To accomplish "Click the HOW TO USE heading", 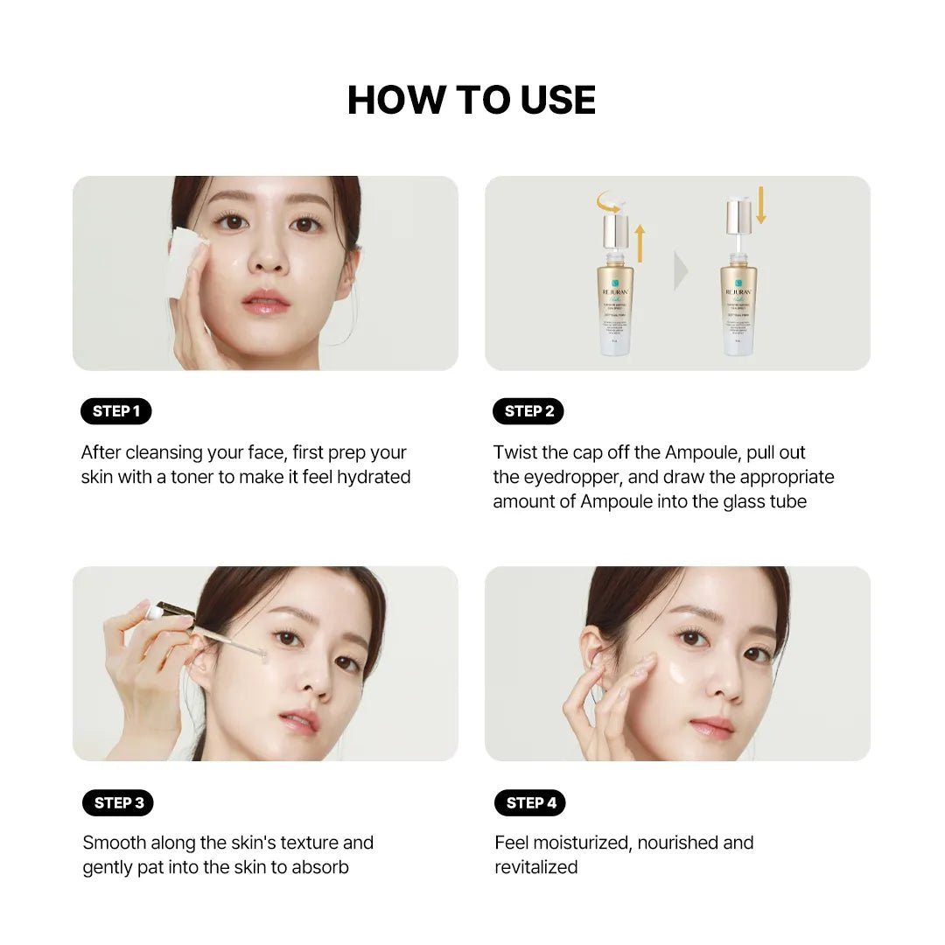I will click(x=472, y=100).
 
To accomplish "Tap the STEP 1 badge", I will click(x=116, y=411).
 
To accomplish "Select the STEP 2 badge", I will click(x=528, y=411).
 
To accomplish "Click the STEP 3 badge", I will click(x=117, y=802).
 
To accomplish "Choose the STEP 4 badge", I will click(x=530, y=802).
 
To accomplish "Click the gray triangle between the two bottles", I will click(x=681, y=272).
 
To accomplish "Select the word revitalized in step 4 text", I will click(x=536, y=867).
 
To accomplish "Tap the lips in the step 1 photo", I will click(x=265, y=302).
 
